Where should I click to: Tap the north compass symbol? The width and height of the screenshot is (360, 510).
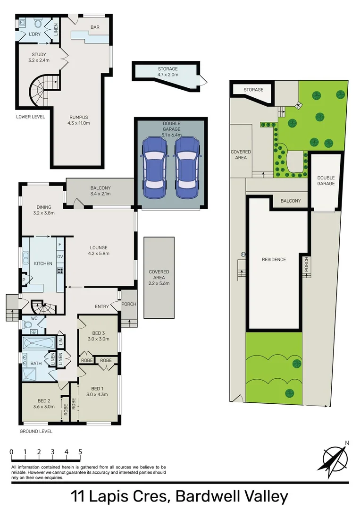(335, 457)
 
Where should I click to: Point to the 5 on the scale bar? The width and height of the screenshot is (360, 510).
(80, 452)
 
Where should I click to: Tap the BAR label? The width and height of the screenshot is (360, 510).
(95, 27)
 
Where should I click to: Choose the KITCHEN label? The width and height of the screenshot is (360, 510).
(43, 263)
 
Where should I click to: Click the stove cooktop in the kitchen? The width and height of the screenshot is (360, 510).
(60, 271)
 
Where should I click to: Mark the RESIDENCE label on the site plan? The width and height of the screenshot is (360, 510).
(274, 259)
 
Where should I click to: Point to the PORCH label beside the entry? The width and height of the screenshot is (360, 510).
(128, 304)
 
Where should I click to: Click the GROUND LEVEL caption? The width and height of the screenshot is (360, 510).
(36, 431)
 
